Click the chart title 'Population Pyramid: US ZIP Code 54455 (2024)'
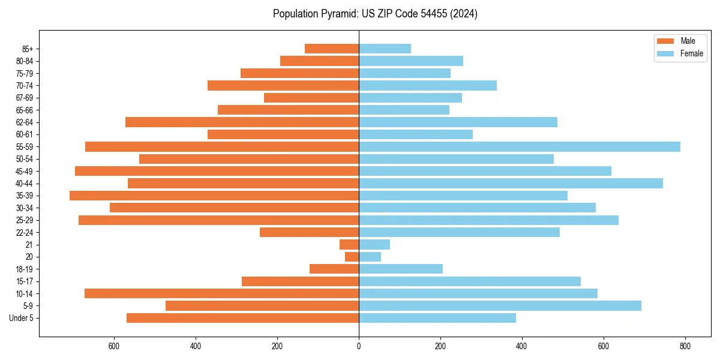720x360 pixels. tap(375, 14)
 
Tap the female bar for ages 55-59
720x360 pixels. tap(520, 147)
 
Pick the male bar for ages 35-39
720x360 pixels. tap(214, 196)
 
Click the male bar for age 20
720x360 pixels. tap(352, 257)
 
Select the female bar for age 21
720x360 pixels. tap(374, 245)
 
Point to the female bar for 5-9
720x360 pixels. tap(500, 306)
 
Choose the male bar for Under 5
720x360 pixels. tap(242, 318)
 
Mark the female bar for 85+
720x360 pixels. tap(385, 49)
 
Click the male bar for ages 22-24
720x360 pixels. tap(309, 232)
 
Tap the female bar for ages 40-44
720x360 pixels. tap(511, 184)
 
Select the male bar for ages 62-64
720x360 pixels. tap(242, 122)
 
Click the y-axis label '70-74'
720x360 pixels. tap(24, 86)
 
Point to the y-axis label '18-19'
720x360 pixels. tap(24, 269)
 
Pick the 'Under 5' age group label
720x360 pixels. tap(22, 318)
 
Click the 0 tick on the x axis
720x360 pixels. tap(359, 346)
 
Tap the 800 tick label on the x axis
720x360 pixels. tap(685, 346)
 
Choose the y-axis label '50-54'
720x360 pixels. tap(24, 159)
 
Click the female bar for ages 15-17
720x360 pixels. tap(470, 281)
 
